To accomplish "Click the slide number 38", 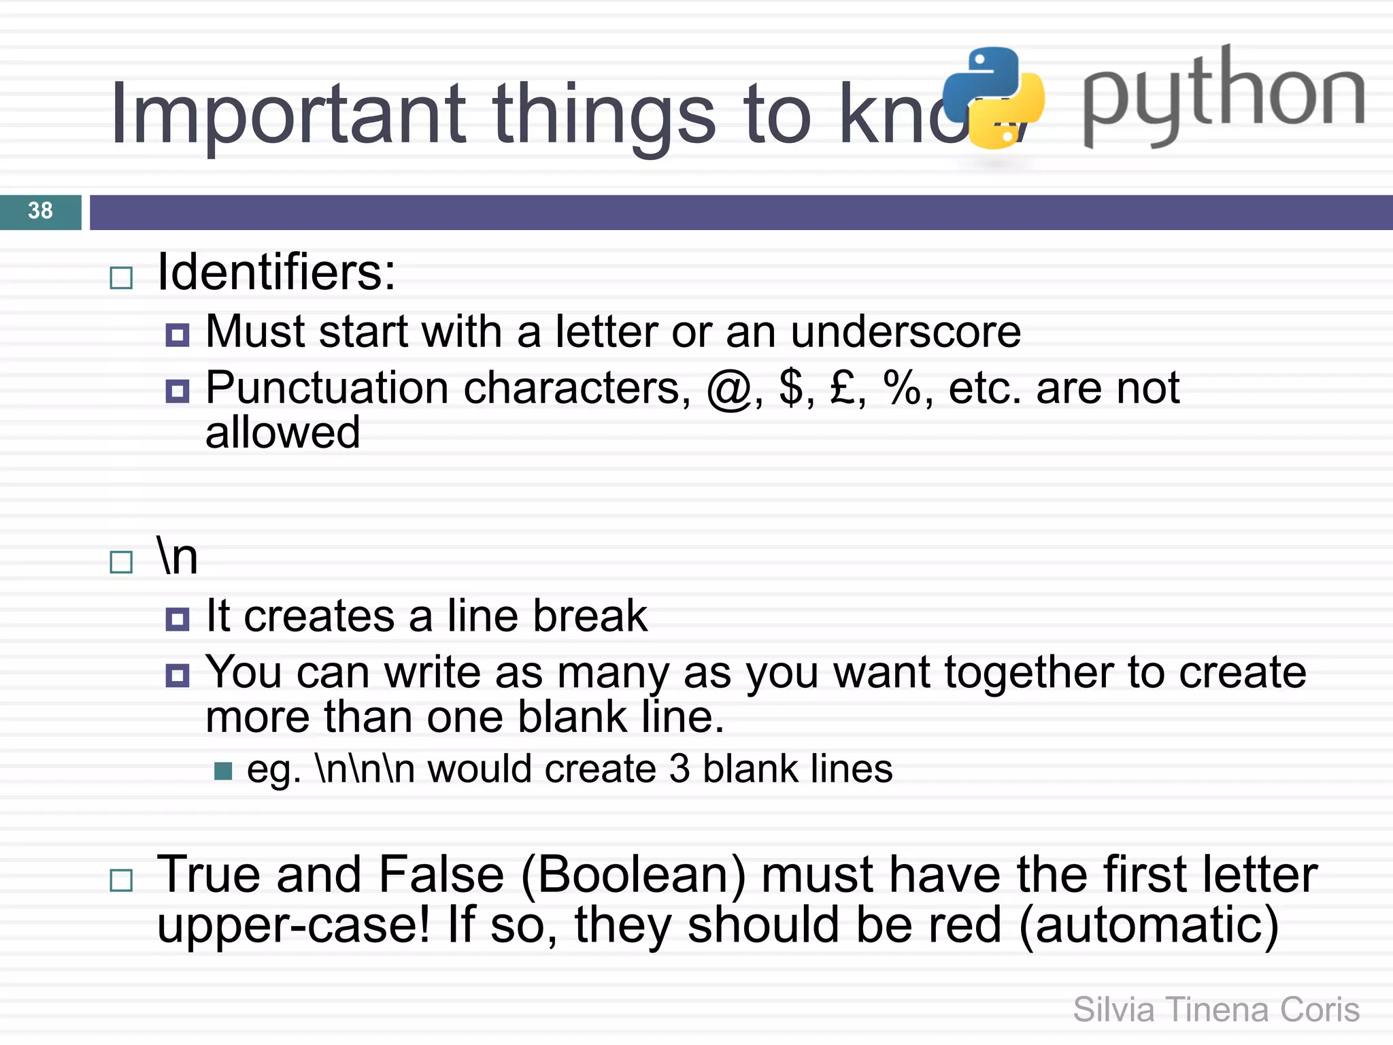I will pos(40,211).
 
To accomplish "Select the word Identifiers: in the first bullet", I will pos(276,272).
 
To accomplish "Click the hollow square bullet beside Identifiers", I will pos(121,278).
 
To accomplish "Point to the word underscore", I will pos(905,332).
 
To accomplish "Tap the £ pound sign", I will pos(843,388).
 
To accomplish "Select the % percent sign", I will pos(903,388).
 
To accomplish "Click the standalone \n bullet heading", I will pos(177,556).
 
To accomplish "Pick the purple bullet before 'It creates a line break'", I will pos(178,619).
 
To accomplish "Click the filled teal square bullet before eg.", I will pos(223,771).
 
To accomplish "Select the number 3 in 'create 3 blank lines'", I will pos(679,769).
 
